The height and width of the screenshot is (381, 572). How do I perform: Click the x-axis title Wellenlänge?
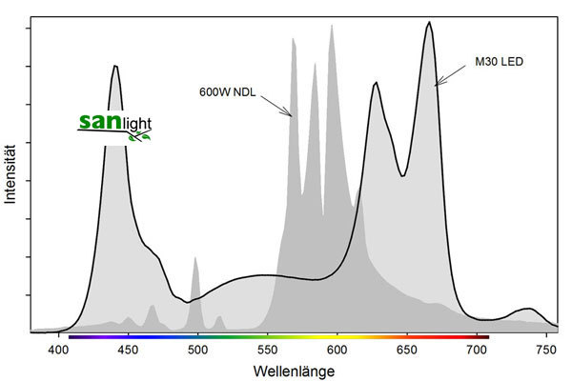(x=292, y=368)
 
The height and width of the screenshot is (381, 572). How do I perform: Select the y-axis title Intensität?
(x=10, y=173)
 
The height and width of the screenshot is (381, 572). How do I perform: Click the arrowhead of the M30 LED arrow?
(x=437, y=86)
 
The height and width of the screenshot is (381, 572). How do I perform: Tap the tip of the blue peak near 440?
(x=115, y=66)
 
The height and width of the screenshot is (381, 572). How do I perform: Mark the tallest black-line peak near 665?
(x=429, y=23)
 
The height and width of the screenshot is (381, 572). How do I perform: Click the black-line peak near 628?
(x=377, y=84)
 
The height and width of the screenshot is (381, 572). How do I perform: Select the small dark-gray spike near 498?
(x=194, y=259)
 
